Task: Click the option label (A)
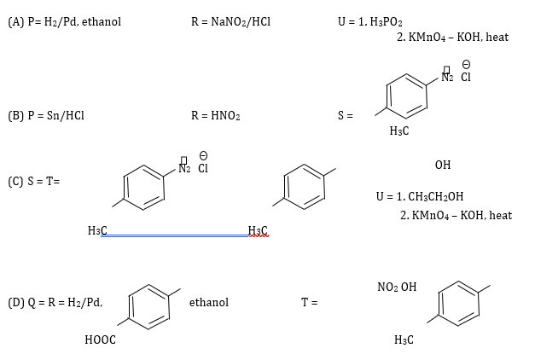pos(16,22)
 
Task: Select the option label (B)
pos(16,115)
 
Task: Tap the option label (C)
pos(16,181)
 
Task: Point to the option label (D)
pos(16,302)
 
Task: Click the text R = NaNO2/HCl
pos(230,22)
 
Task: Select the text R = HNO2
pos(215,115)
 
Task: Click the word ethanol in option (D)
pos(209,302)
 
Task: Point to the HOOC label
pos(101,340)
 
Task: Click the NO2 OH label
pos(397,287)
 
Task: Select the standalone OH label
pos(443,165)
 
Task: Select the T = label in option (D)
pos(310,302)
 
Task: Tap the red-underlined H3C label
pos(258,230)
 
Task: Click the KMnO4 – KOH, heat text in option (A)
pos(452,38)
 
